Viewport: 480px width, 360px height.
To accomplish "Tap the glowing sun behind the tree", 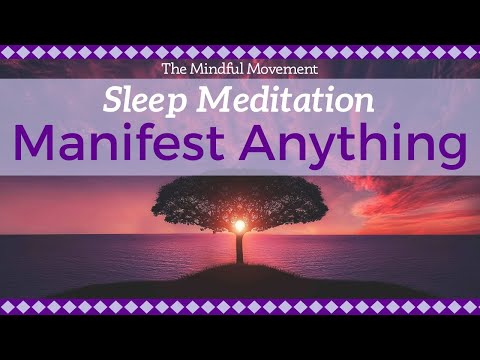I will pyautogui.click(x=239, y=225).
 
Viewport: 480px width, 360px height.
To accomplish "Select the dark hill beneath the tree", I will pyautogui.click(x=240, y=280).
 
